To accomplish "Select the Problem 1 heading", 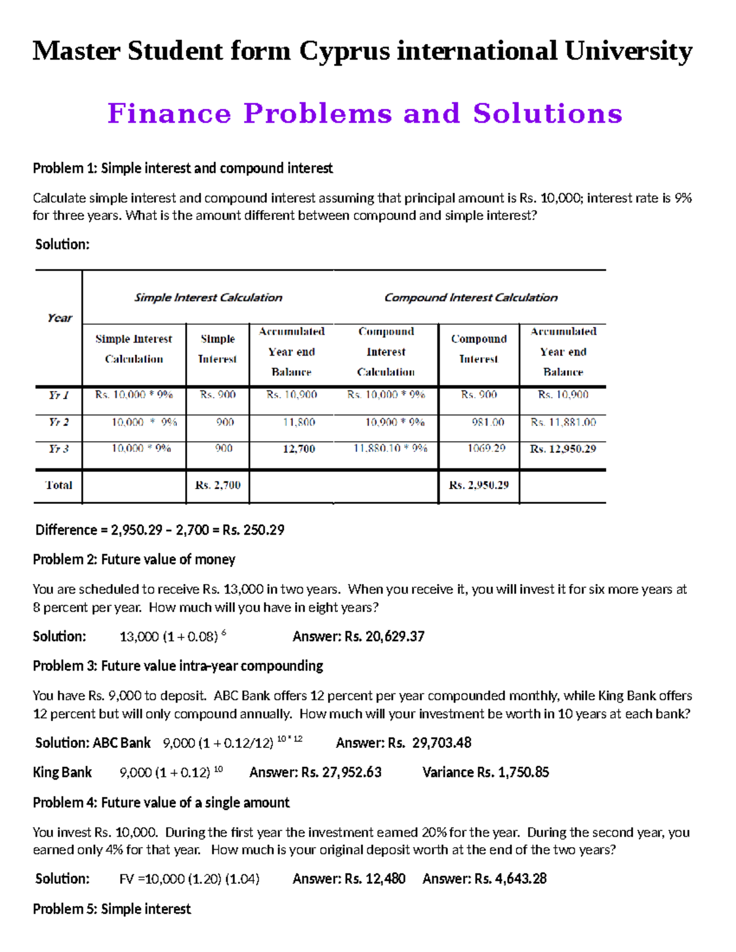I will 183,168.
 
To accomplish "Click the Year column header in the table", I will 59,318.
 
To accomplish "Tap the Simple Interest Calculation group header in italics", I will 208,297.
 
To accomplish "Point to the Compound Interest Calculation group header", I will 470,297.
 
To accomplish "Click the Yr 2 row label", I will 59,422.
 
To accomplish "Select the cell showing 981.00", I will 488,422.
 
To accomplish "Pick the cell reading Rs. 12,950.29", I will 562,449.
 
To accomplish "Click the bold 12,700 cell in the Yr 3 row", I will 299,449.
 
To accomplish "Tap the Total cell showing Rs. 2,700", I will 218,485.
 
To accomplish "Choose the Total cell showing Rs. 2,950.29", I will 478,485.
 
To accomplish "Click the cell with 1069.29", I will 486,448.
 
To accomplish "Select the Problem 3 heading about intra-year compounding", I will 178,666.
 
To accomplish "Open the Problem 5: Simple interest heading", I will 112,908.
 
